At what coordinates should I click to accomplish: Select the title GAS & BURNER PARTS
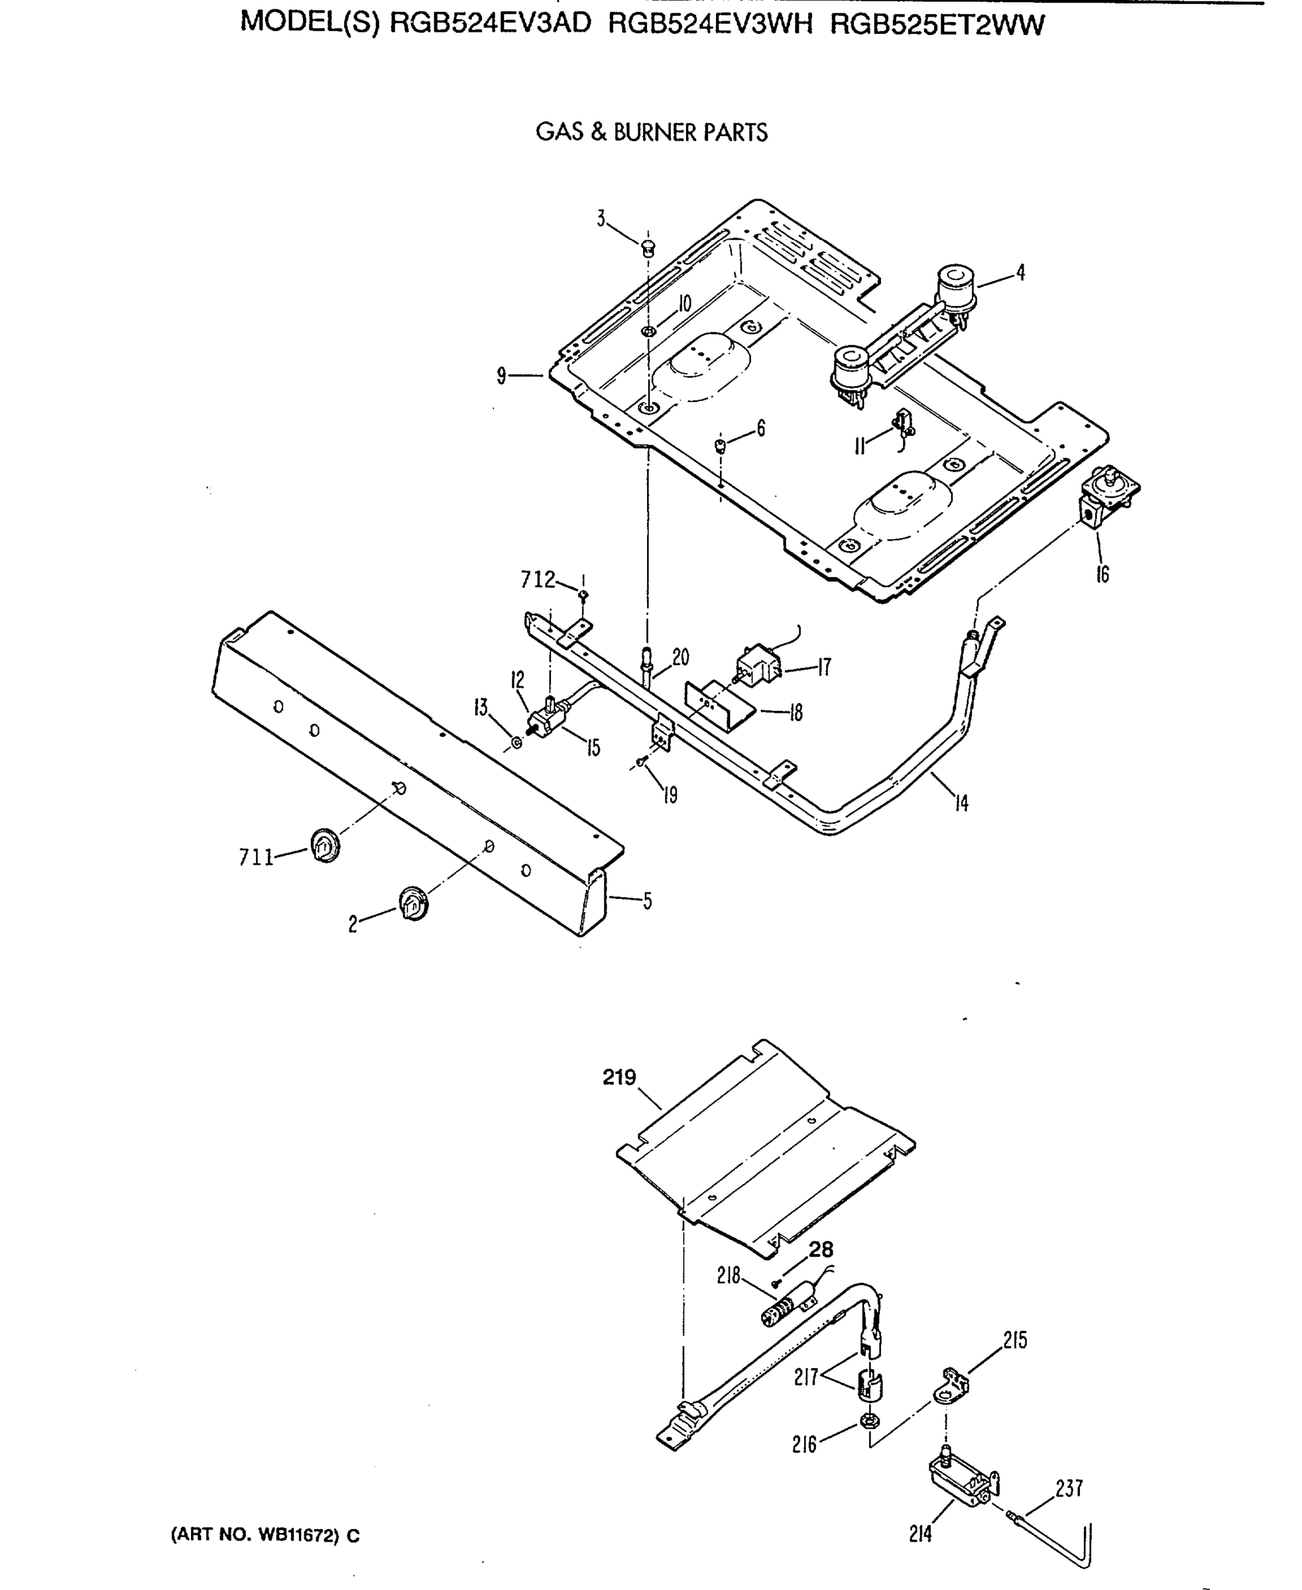[x=651, y=132]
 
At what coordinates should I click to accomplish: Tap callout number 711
[x=256, y=857]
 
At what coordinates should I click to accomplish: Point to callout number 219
[x=619, y=1077]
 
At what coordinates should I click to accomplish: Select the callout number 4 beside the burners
[x=1020, y=273]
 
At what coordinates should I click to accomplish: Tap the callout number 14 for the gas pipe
[x=961, y=804]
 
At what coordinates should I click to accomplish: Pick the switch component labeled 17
[x=758, y=664]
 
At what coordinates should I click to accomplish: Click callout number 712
[x=538, y=580]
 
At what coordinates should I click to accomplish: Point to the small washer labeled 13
[x=516, y=743]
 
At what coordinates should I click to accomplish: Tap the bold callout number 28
[x=821, y=1249]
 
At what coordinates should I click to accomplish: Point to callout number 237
[x=1069, y=1488]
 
